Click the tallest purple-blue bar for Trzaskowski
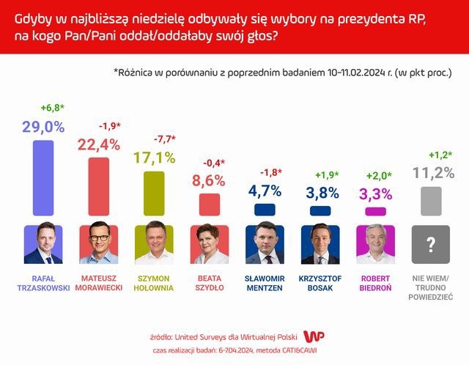(43, 177)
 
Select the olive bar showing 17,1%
(154, 193)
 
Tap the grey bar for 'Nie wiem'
(431, 201)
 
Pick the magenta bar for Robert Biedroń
(376, 211)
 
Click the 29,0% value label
(43, 127)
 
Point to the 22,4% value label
(99, 145)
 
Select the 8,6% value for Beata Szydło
(208, 181)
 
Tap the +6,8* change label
(53, 108)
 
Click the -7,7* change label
(165, 139)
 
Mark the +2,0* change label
(379, 176)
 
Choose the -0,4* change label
(214, 163)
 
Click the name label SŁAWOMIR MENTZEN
(265, 283)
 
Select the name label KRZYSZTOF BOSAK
(320, 283)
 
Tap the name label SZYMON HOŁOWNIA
(154, 283)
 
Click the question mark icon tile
(431, 244)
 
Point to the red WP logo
(314, 336)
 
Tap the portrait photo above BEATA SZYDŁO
(210, 243)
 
